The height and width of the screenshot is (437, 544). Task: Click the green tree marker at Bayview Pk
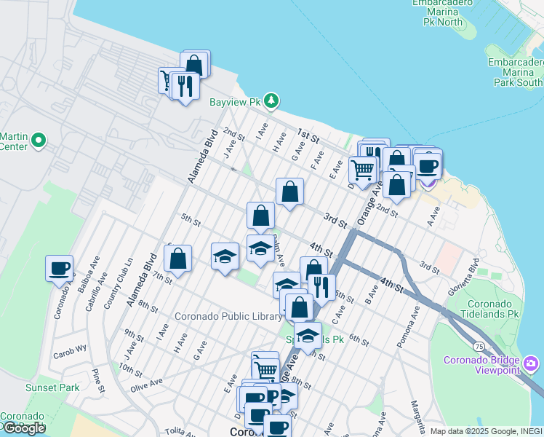coord(271,101)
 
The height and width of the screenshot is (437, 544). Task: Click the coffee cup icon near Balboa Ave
coord(59,268)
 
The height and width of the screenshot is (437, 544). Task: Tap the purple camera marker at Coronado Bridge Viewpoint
coord(530,363)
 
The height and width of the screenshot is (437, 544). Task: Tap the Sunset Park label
coord(52,387)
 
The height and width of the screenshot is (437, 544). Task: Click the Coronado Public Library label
coord(228,317)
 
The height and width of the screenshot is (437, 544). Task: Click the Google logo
coord(24,428)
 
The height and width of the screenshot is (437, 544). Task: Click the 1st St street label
coord(308,137)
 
